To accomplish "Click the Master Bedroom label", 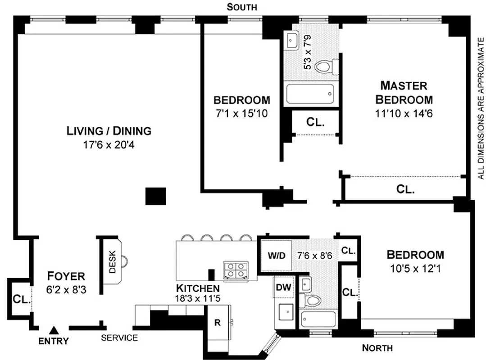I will (x=404, y=92).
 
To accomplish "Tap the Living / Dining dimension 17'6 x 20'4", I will (x=109, y=146).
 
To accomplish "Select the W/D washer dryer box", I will (x=277, y=256).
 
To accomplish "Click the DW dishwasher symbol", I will (x=283, y=288).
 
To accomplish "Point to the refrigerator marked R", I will (x=218, y=323).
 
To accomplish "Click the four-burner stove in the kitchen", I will (x=236, y=270).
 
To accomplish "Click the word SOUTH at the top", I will (x=242, y=7).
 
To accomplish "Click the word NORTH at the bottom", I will (x=377, y=348).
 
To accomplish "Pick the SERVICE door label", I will (x=119, y=338).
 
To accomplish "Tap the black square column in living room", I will (x=155, y=196).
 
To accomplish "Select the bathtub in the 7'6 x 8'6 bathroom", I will (x=318, y=319).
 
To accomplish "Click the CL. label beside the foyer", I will (x=21, y=299).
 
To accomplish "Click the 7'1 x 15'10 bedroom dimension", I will (x=241, y=114).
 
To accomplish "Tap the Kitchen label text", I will (x=198, y=288).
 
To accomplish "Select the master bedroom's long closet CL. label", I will (x=405, y=189).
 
